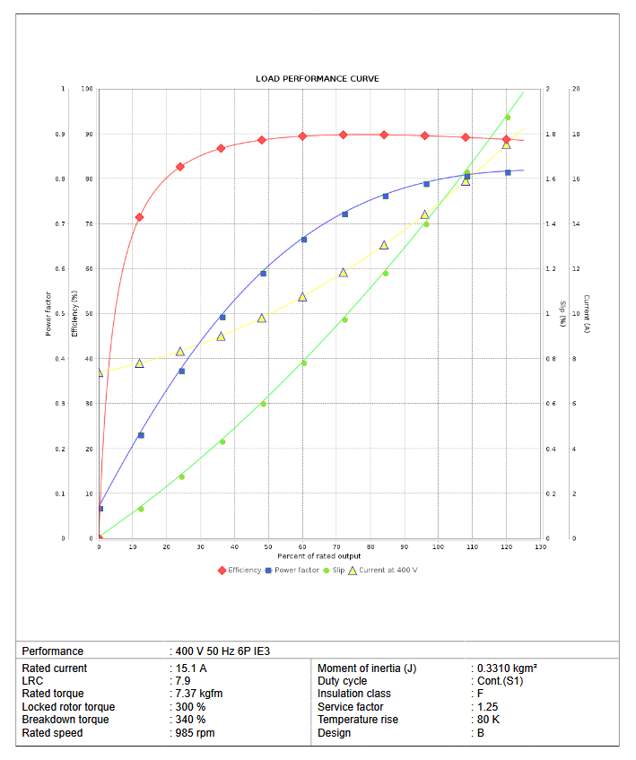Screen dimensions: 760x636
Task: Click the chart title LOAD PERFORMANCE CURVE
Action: click(318, 79)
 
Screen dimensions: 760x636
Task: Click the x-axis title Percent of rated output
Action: click(318, 556)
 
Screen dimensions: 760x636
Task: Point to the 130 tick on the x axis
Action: click(540, 546)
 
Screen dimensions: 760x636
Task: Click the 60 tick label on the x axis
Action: click(302, 546)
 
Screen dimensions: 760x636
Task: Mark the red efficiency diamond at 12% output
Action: click(139, 217)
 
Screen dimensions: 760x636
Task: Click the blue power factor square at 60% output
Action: click(303, 240)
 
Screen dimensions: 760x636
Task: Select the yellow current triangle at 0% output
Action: click(100, 372)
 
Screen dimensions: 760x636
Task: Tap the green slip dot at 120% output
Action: click(507, 118)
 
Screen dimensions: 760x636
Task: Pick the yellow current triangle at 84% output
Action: click(384, 245)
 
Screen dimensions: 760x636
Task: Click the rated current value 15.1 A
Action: click(191, 668)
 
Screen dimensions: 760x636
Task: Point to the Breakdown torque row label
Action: click(65, 720)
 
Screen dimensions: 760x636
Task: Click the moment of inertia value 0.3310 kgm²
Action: click(507, 668)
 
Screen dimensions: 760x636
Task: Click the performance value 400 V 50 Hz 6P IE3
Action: click(222, 651)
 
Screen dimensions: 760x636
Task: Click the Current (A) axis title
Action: click(586, 314)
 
